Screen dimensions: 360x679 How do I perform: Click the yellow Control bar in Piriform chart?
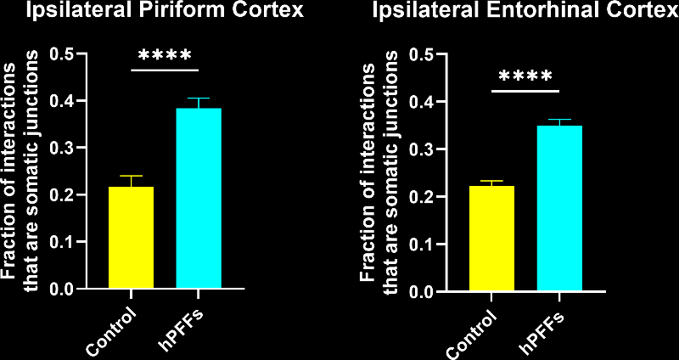pyautogui.click(x=131, y=238)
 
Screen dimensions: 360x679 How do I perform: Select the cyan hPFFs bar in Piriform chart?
pyautogui.click(x=198, y=199)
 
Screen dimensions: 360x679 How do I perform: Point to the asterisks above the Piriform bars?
pyautogui.click(x=166, y=56)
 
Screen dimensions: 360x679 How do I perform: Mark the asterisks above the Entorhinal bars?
pyautogui.click(x=526, y=77)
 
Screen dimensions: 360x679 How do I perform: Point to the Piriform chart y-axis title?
pyautogui.click(x=20, y=170)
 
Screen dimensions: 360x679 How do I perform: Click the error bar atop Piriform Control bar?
pyautogui.click(x=131, y=180)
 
